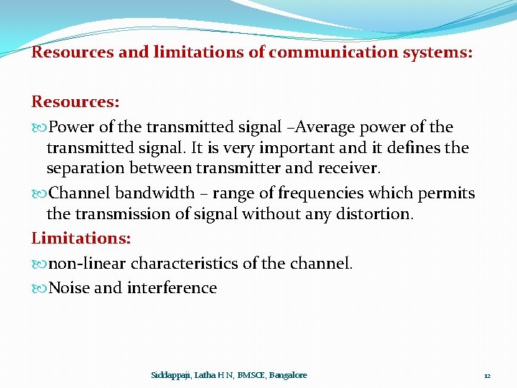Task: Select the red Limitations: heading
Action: tap(78, 238)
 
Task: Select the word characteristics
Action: tap(186, 264)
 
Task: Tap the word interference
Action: tap(172, 288)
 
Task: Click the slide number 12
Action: tap(487, 376)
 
